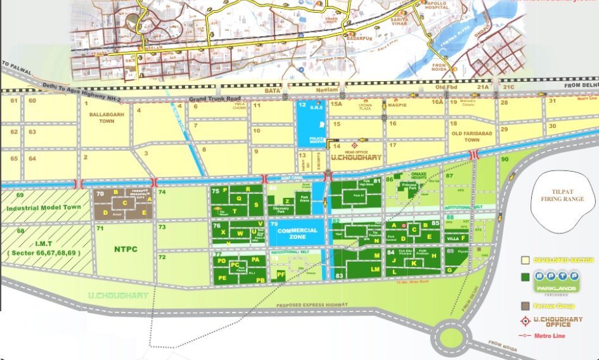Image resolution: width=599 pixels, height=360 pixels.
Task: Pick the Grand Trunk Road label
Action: pos(215,99)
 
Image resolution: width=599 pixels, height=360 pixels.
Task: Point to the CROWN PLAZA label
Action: pos(364,109)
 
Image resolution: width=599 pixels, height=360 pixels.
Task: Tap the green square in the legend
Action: pos(525,277)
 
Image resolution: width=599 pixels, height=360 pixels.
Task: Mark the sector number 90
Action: pos(505,159)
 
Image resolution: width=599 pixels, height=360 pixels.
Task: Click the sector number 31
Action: pos(553,101)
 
